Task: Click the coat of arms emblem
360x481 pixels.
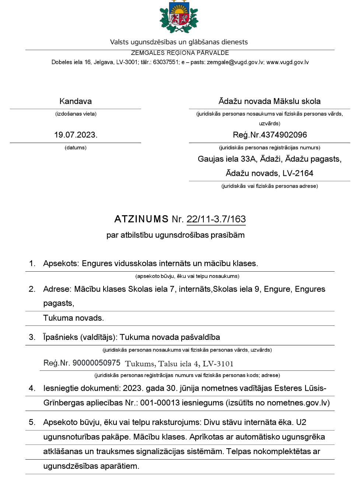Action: click(x=179, y=17)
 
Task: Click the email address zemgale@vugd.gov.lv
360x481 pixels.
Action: click(x=235, y=62)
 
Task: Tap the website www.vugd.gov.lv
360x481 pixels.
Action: click(x=287, y=62)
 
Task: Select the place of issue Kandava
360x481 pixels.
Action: click(x=76, y=101)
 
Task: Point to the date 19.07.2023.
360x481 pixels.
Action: click(x=76, y=135)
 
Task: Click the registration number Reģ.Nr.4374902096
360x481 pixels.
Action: click(x=270, y=135)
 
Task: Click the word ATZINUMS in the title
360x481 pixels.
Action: click(x=141, y=219)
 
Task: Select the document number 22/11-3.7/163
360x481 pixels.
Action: click(x=216, y=219)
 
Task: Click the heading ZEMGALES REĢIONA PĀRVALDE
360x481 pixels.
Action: click(x=180, y=53)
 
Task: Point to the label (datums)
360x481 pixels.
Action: click(x=76, y=148)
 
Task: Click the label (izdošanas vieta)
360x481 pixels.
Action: click(x=76, y=114)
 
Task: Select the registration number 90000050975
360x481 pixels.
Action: click(x=97, y=363)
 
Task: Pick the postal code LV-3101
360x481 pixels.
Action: click(x=218, y=364)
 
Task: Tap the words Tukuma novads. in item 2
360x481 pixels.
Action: click(x=73, y=318)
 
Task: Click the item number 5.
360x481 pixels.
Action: click(x=32, y=422)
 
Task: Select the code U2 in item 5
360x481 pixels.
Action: click(x=301, y=422)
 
